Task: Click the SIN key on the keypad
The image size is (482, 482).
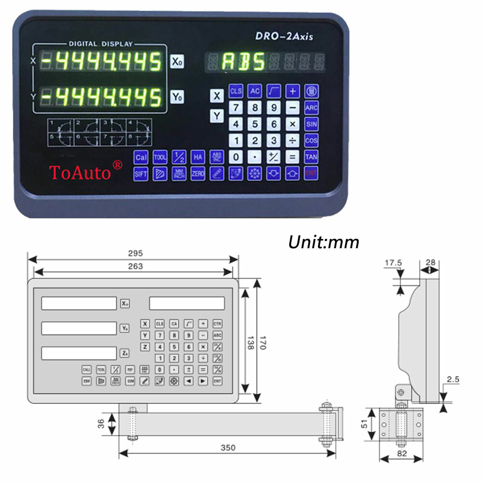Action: point(311,124)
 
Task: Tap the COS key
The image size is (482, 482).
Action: point(311,140)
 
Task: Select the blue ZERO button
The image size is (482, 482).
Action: point(198,174)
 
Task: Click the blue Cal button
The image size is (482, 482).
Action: point(141,157)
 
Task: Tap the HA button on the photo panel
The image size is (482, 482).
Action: point(198,157)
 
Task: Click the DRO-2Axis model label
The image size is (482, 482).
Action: point(284,36)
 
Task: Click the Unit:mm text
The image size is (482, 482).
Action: point(323,242)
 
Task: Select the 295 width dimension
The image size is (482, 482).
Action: point(135,254)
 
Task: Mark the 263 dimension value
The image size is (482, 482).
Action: point(135,266)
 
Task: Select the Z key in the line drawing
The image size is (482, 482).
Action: point(145,347)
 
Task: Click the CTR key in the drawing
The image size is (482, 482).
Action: point(217,324)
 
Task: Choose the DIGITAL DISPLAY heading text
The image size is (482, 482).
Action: point(100,43)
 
